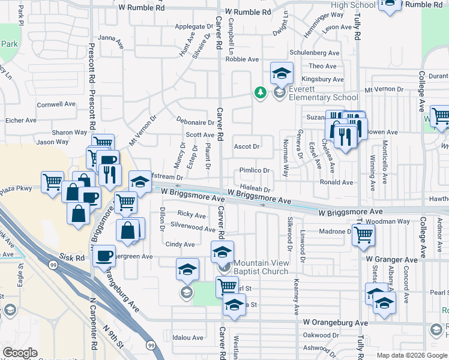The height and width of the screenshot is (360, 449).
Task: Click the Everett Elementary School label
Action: [x=324, y=93]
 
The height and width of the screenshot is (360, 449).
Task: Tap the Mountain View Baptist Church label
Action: [x=261, y=267]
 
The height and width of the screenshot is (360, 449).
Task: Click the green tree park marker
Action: [x=261, y=92]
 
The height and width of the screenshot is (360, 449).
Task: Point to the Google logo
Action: [x=20, y=353]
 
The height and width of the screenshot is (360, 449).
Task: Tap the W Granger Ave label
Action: [x=392, y=260]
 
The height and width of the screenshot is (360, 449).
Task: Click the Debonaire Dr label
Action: [x=191, y=121]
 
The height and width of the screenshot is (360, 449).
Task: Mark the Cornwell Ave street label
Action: [x=56, y=104]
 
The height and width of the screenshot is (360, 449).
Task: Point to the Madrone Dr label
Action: [x=334, y=232]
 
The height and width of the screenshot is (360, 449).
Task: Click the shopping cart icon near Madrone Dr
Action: [x=364, y=236]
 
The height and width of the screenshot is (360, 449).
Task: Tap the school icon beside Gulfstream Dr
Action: [x=140, y=181]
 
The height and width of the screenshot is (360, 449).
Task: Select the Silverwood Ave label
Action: [x=193, y=228]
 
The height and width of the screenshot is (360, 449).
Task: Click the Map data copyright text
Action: [x=411, y=355]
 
